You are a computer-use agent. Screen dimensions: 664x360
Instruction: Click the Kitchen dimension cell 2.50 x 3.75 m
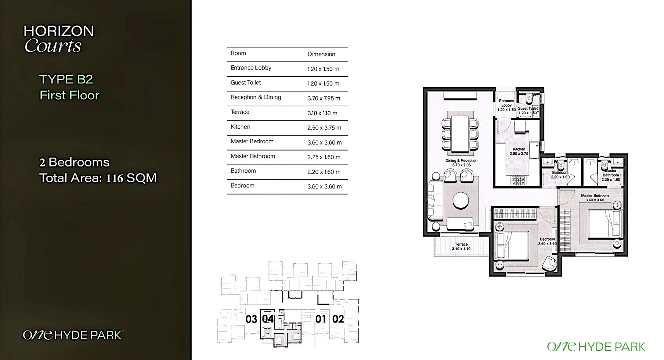coord(324,127)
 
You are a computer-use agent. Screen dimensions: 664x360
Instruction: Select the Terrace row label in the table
coord(240,112)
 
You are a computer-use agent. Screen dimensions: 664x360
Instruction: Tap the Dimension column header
coord(321,54)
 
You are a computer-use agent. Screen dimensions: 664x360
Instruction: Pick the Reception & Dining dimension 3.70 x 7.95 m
coord(324,98)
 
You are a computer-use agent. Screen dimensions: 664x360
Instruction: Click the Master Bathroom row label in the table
coord(253,156)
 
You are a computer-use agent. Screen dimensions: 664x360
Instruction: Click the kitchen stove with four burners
coord(519,180)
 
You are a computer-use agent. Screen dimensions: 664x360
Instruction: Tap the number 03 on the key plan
coord(251,319)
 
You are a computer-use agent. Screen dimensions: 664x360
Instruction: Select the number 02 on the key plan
coord(338,319)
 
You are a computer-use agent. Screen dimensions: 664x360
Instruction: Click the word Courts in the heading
coord(53,46)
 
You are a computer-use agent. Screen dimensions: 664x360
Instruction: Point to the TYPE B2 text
coord(66,79)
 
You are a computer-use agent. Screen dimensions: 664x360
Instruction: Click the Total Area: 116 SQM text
coord(98,178)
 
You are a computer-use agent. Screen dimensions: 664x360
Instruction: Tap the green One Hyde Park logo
coord(596,346)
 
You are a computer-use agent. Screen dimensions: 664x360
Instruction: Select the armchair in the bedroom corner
coord(550,264)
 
